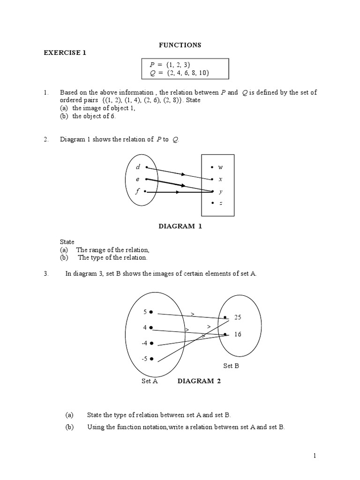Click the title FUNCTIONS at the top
(180, 45)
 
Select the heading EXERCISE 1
(65, 53)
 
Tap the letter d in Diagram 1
(138, 167)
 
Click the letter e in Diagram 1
(138, 179)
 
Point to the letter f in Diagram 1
(138, 191)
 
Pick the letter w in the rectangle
(220, 167)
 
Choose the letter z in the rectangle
(220, 203)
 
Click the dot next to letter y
(213, 191)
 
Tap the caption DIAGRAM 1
(180, 226)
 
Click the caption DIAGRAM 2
(199, 381)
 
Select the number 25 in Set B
(238, 317)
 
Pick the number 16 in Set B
(238, 335)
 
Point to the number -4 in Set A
(144, 343)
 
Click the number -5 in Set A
(144, 359)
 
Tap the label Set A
(150, 382)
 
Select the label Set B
(231, 366)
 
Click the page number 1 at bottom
(315, 456)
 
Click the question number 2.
(46, 139)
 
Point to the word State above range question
(67, 242)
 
